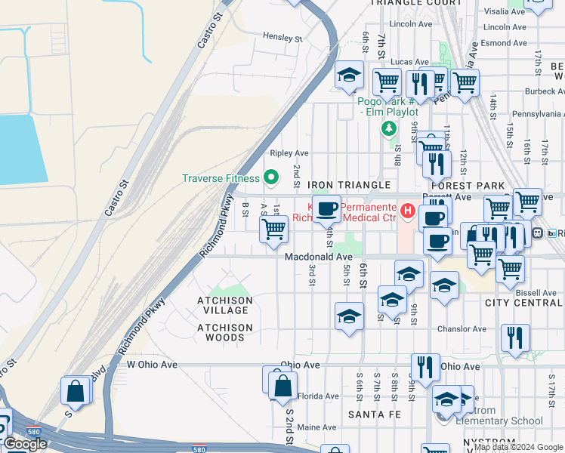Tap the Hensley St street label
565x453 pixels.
click(282, 37)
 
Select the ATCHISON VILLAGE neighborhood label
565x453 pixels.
click(224, 305)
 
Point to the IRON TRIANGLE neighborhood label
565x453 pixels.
click(349, 185)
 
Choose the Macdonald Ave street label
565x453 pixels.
click(318, 257)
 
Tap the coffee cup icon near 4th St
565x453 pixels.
click(326, 209)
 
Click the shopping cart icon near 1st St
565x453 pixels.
click(273, 229)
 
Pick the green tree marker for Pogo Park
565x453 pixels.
click(389, 128)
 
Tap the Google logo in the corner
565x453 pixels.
click(25, 444)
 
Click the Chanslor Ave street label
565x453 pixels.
click(462, 329)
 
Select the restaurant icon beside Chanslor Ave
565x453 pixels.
click(515, 338)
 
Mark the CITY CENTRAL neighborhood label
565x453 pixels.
click(524, 304)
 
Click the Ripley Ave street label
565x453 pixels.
click(294, 153)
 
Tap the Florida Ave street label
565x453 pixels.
click(318, 396)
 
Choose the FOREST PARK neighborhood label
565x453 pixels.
click(468, 186)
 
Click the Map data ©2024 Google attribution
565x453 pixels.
click(518, 447)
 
